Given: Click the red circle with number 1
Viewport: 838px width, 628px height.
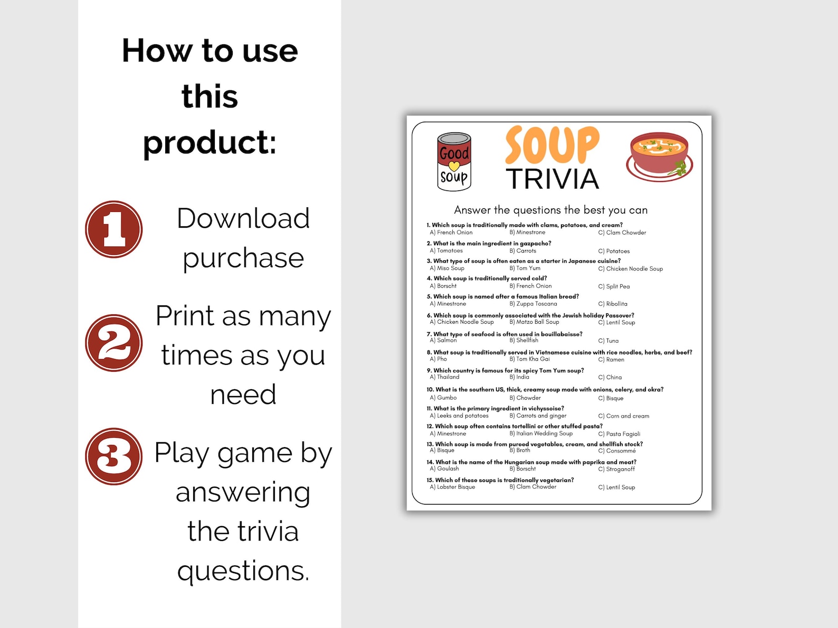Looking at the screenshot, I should (114, 229).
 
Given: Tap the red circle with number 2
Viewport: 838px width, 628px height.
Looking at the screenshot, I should (114, 343).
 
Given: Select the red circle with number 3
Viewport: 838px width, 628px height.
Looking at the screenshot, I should (114, 456).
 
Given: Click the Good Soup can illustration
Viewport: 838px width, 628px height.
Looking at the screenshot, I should (454, 161).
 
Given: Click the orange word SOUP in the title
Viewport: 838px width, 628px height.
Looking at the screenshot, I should (552, 145).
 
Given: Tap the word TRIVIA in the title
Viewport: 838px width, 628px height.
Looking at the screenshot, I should (553, 179).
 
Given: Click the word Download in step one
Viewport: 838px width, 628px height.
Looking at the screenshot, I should (243, 218).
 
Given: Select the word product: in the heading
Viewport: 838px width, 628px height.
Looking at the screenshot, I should (209, 142).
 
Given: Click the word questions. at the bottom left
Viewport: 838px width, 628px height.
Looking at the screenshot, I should (243, 571).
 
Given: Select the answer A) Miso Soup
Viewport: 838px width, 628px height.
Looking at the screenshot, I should (447, 268).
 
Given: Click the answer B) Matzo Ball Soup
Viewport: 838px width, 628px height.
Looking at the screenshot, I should (534, 322).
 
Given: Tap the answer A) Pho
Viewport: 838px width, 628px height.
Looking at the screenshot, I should (439, 359).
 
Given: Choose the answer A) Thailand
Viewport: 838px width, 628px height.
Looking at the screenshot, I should (445, 377).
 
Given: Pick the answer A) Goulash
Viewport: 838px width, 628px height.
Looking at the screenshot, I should (444, 469).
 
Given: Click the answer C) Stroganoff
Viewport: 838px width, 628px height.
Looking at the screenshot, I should (616, 469).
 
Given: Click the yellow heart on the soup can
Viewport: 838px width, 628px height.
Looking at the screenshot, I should (454, 166).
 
